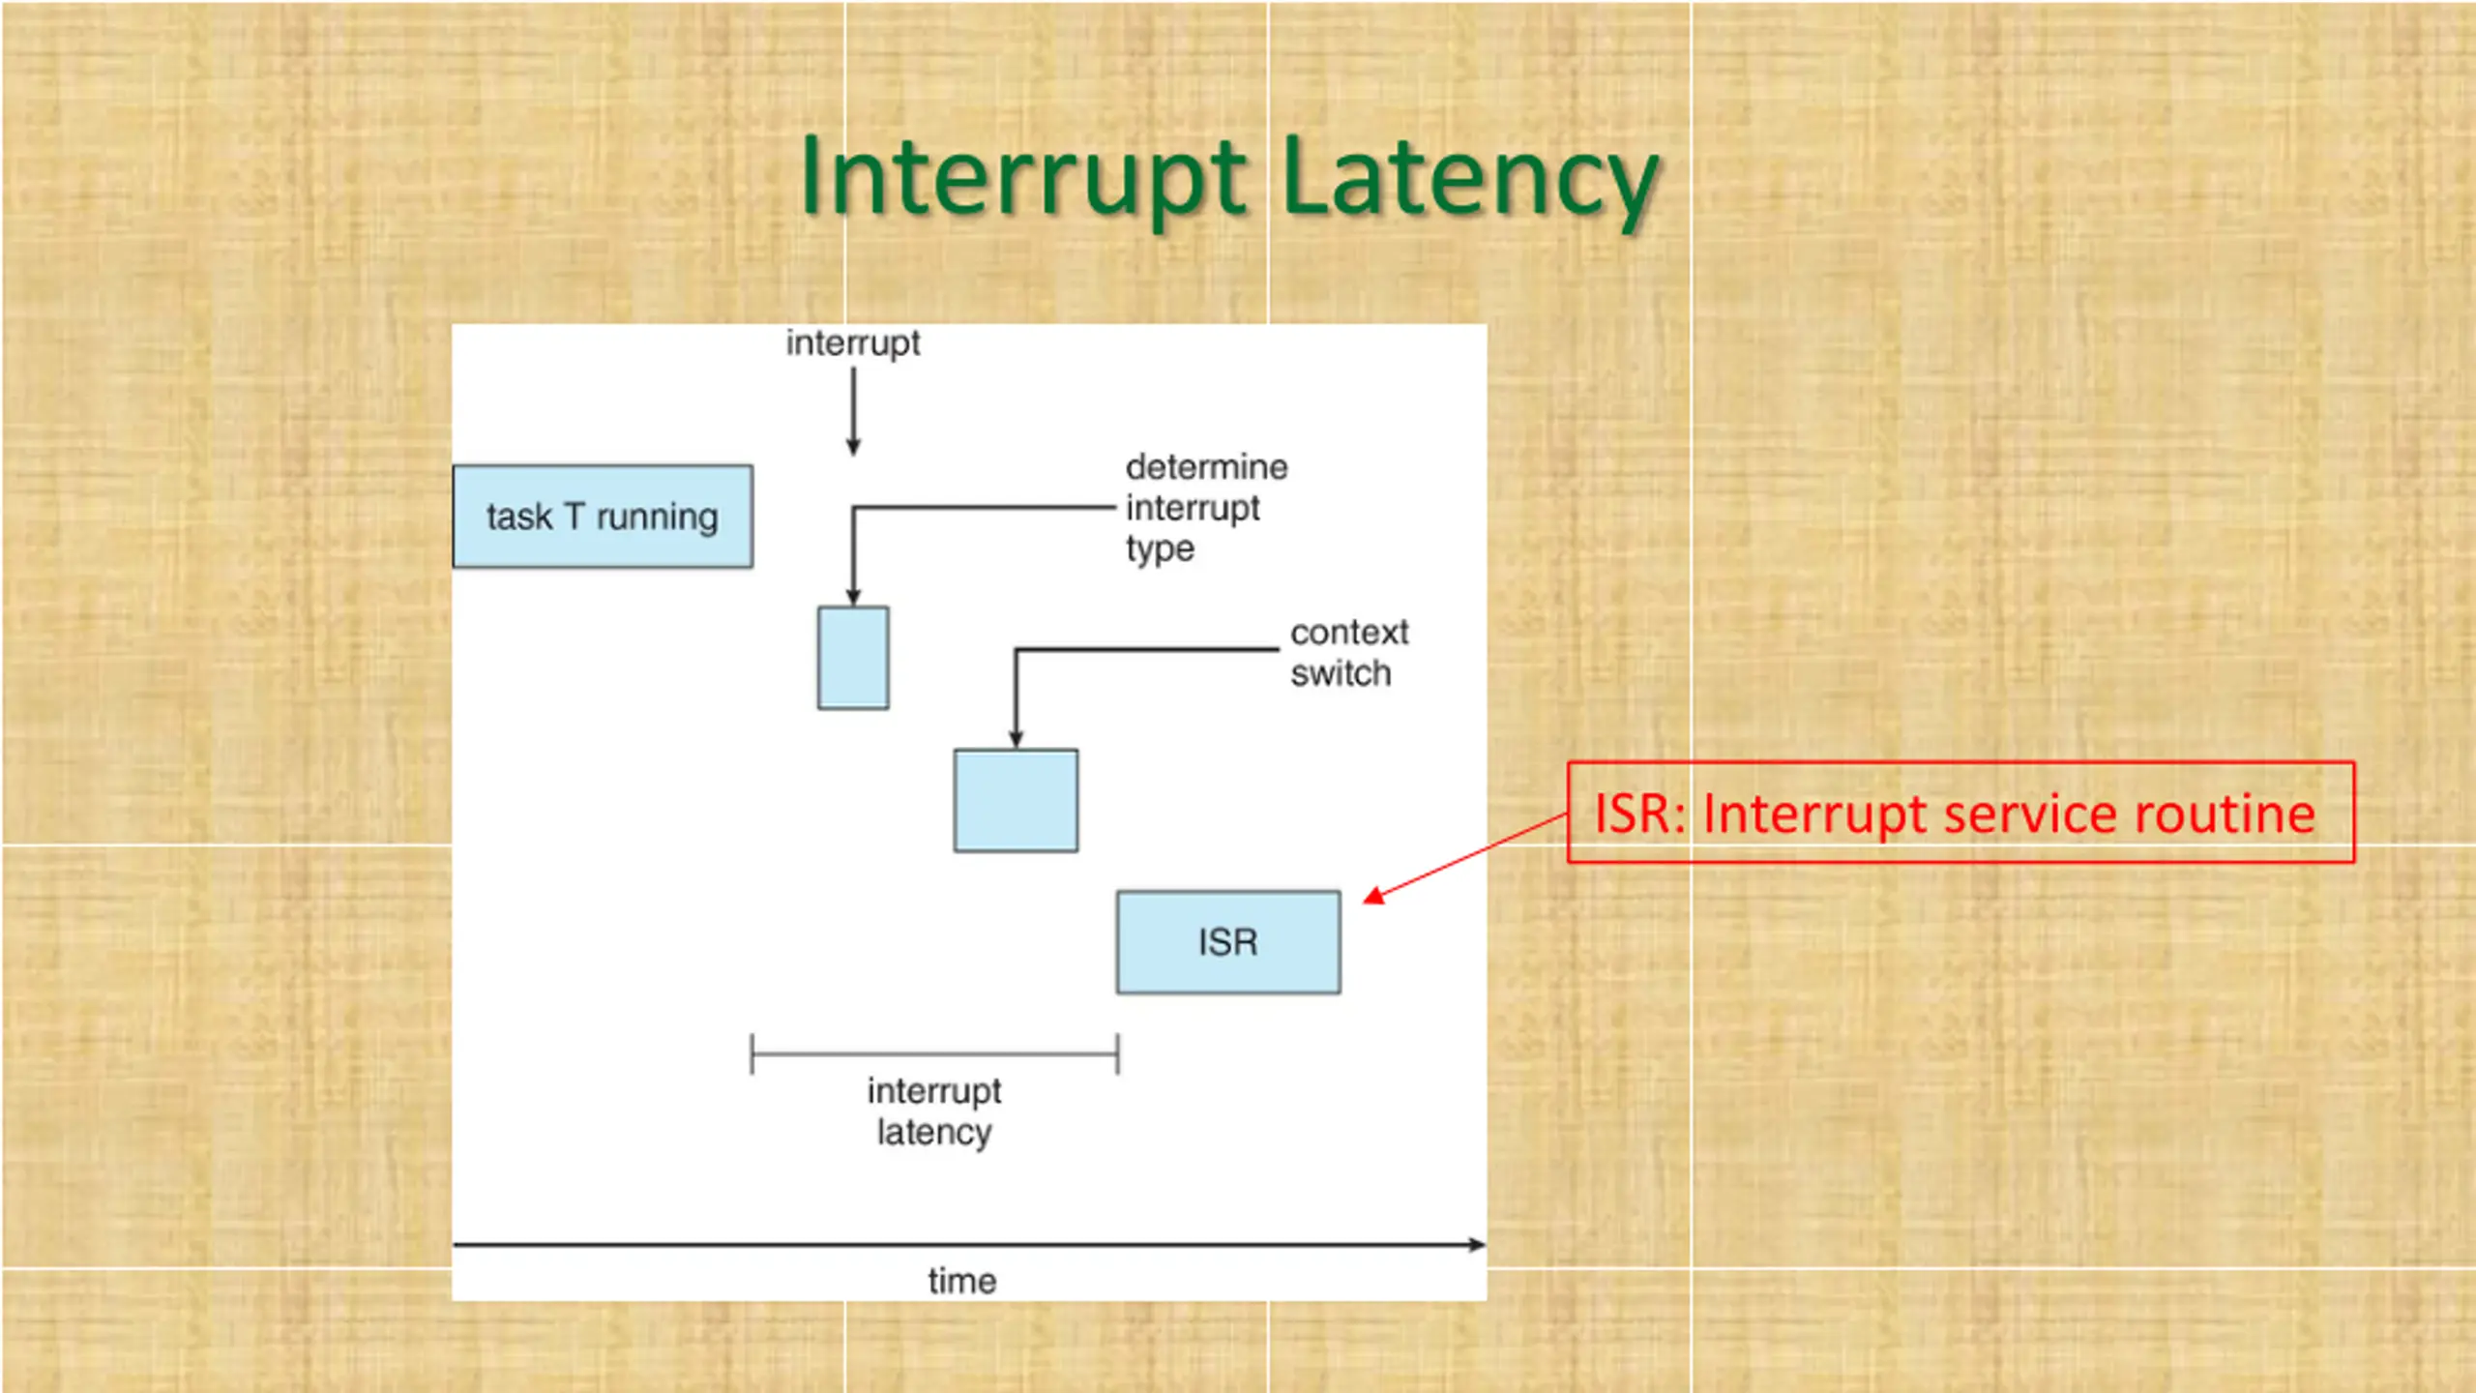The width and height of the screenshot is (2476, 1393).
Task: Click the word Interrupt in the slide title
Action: click(x=1023, y=179)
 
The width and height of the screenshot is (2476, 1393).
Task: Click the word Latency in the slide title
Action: click(x=1470, y=179)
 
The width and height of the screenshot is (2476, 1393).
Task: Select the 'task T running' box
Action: click(x=603, y=517)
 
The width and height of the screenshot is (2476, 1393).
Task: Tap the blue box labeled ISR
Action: click(x=1228, y=942)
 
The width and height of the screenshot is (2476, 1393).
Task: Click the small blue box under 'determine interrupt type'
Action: click(x=853, y=658)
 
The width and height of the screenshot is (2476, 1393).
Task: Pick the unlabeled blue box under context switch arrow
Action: click(x=1016, y=801)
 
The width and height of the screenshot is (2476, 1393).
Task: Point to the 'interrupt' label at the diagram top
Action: click(x=852, y=343)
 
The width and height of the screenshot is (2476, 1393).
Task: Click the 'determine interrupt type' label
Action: click(x=1205, y=508)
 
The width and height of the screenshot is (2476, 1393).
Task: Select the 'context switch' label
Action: click(x=1348, y=653)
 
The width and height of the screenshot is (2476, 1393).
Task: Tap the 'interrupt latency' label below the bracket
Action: click(x=933, y=1111)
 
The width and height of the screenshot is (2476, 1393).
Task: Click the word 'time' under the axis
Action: click(x=961, y=1282)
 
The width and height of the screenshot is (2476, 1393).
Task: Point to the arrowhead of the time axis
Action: click(x=1477, y=1245)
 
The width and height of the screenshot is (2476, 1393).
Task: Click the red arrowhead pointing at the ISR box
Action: click(x=1373, y=897)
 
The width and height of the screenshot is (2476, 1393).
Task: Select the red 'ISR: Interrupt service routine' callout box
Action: click(x=1960, y=813)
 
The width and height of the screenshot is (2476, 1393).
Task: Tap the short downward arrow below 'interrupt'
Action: click(x=853, y=411)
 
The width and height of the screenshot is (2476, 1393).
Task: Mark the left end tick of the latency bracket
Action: click(x=752, y=1053)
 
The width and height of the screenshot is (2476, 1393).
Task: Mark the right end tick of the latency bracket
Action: click(x=1118, y=1053)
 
